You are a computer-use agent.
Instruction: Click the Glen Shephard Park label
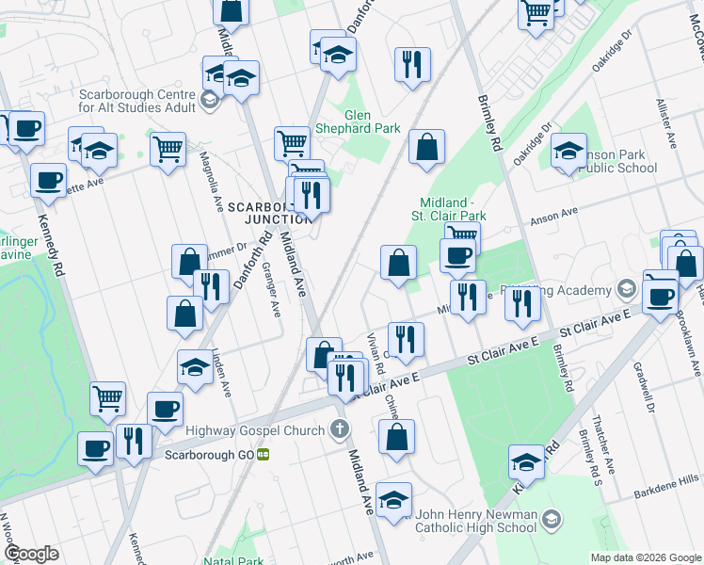click(x=372, y=121)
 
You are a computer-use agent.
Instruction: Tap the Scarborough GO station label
click(x=209, y=453)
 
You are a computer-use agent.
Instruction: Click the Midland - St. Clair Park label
click(x=456, y=210)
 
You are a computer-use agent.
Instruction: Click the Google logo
click(x=31, y=553)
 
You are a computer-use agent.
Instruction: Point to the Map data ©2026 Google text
click(x=645, y=557)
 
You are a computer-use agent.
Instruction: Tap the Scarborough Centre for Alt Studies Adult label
click(x=137, y=101)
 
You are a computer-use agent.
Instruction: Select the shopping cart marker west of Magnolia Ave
click(x=168, y=149)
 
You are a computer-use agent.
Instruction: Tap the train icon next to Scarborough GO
click(x=264, y=453)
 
